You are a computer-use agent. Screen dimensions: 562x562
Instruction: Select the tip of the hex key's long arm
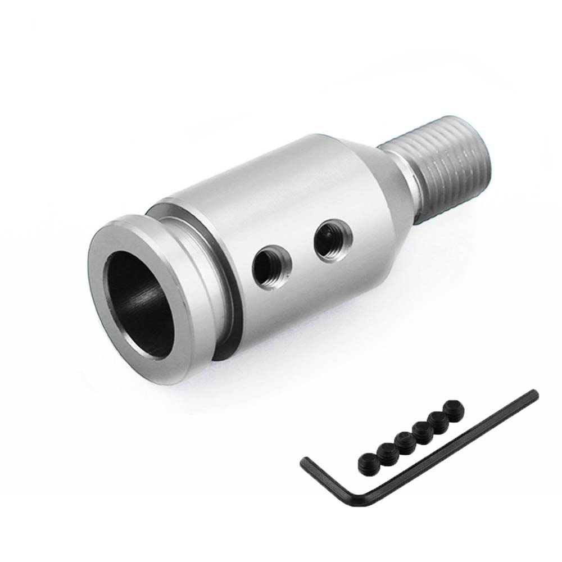534,395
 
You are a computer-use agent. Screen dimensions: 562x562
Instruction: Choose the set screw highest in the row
451,406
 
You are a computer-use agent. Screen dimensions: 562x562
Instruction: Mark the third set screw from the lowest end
402,440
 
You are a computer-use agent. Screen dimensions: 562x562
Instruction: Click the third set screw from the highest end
419,430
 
